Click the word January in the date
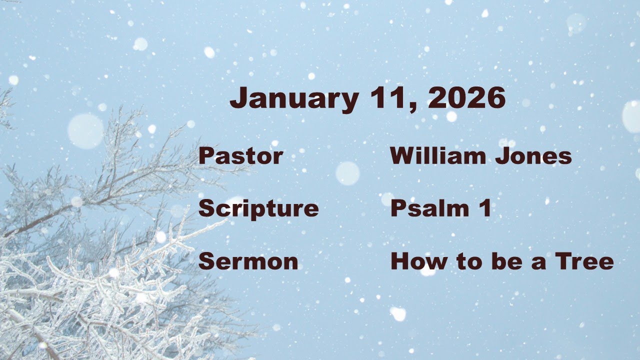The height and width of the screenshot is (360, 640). tap(293, 98)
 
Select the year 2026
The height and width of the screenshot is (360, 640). tap(467, 98)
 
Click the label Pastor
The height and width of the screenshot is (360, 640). tap(240, 156)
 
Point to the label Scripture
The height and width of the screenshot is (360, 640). tap(258, 209)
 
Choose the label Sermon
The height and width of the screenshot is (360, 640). tap(248, 261)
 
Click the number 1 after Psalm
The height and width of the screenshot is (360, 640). tap(485, 208)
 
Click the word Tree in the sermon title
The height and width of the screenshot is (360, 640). tap(589, 261)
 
